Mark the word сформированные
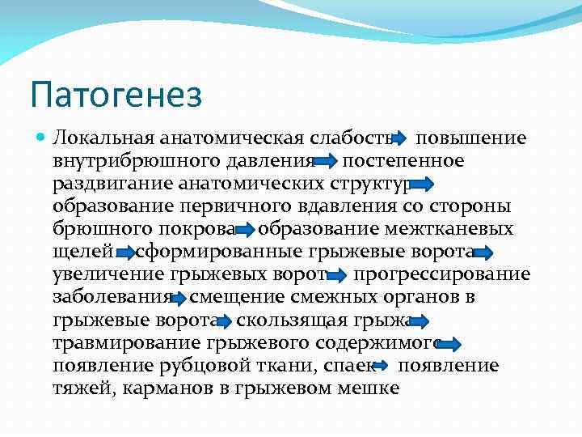pos(212,252)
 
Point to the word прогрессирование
pos(442,275)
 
